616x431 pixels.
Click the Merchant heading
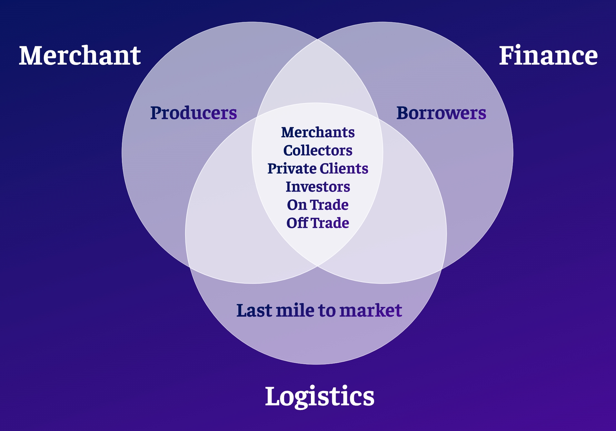point(80,56)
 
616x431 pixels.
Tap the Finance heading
point(548,56)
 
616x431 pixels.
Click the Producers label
point(194,113)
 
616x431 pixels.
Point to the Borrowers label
point(441,113)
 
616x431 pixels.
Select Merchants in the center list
point(318,132)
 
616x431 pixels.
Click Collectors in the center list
point(318,150)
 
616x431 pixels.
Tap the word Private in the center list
point(292,168)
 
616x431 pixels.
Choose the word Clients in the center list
point(344,168)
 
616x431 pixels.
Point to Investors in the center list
point(318,186)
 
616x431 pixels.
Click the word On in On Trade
point(297,205)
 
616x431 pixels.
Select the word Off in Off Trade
point(297,223)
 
